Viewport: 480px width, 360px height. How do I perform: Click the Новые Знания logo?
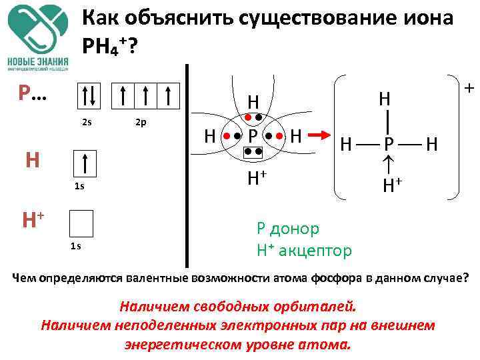click(39, 37)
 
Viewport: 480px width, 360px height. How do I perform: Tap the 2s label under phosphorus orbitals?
click(87, 123)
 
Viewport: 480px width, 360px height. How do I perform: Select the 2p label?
click(140, 123)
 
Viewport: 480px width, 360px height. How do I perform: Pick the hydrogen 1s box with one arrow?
click(85, 164)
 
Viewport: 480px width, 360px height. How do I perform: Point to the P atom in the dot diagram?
click(253, 137)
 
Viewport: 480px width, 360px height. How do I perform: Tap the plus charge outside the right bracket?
click(468, 88)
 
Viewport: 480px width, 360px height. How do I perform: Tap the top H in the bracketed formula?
click(385, 99)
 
